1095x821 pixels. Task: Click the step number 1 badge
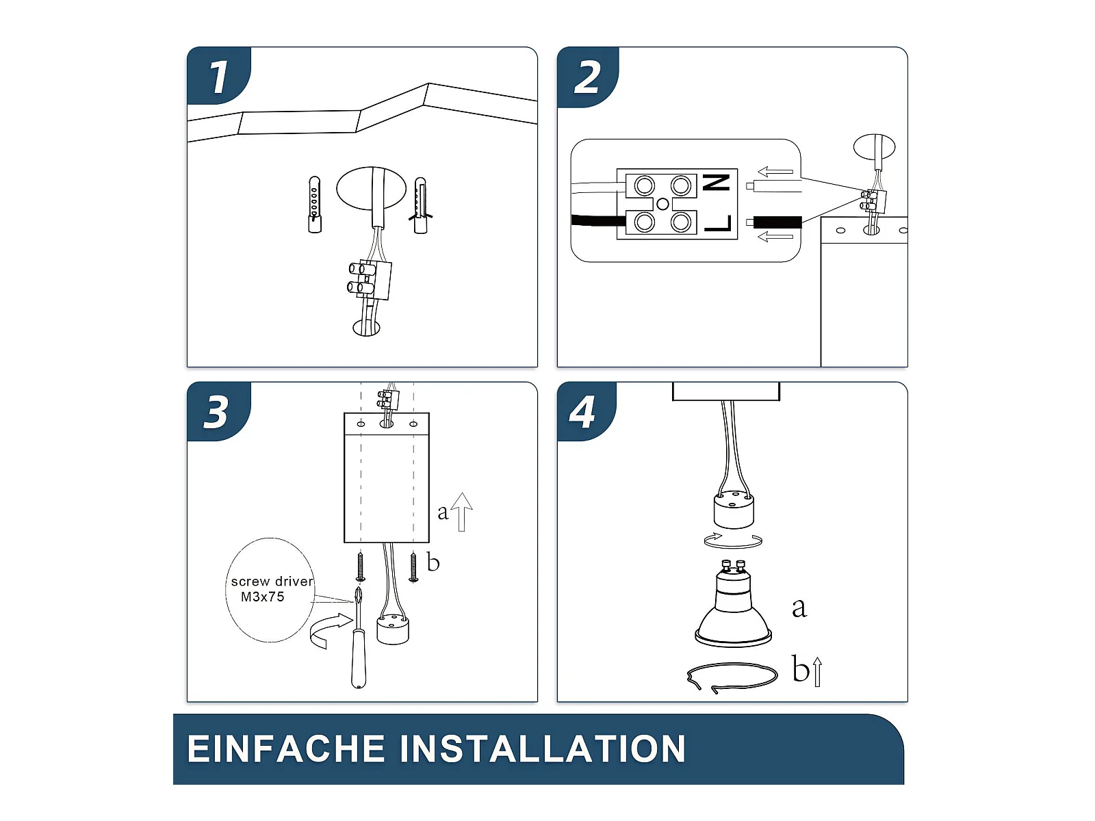(x=218, y=76)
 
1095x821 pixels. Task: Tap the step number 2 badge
(x=587, y=77)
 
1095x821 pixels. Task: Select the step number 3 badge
(x=216, y=412)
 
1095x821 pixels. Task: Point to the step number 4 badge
(x=582, y=412)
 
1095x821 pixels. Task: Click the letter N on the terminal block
(x=717, y=183)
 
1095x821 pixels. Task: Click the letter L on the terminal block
(x=718, y=223)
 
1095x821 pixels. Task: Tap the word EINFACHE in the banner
(x=286, y=748)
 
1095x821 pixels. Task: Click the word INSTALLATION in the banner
(x=543, y=748)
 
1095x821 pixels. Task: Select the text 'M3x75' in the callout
(x=262, y=597)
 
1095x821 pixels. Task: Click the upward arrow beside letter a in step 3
(x=462, y=512)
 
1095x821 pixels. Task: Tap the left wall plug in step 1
(x=314, y=205)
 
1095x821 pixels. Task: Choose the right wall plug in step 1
(x=420, y=205)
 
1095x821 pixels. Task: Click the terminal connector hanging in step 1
(x=370, y=281)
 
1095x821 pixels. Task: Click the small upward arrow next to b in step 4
(x=817, y=672)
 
